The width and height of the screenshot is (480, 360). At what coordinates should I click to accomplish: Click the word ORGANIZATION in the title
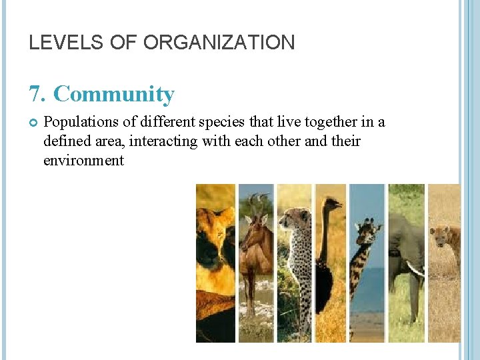tap(219, 43)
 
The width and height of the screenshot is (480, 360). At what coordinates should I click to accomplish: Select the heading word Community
tap(113, 94)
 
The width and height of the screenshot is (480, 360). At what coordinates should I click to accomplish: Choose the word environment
tap(83, 160)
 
